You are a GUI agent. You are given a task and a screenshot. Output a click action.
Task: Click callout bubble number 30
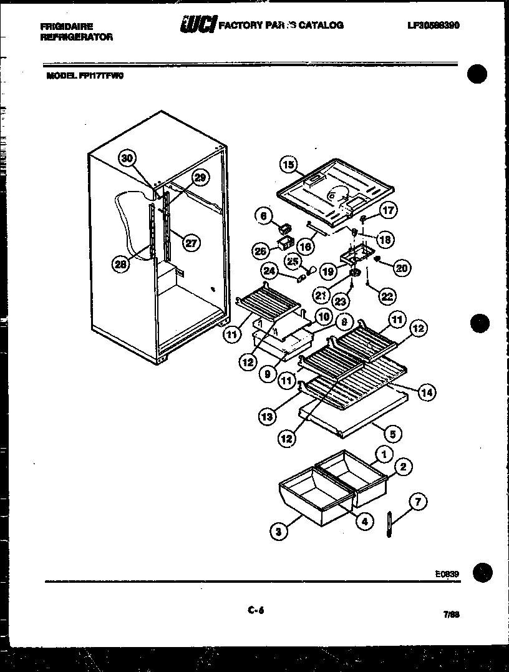(127, 158)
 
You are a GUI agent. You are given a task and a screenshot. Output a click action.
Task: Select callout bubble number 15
(288, 165)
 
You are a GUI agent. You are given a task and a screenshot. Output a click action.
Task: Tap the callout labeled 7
(418, 500)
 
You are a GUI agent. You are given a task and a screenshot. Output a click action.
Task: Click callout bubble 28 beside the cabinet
(120, 265)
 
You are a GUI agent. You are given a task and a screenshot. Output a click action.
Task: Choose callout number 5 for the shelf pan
(392, 433)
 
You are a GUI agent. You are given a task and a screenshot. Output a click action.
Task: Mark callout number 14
(427, 392)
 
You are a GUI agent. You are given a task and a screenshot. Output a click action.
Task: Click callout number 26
(260, 251)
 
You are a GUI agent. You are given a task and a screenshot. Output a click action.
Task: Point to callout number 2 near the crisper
(403, 467)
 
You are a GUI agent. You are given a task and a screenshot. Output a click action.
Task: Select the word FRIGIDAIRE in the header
(66, 27)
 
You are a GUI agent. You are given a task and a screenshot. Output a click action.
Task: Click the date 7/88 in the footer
(451, 615)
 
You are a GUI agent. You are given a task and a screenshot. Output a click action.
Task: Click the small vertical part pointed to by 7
(388, 523)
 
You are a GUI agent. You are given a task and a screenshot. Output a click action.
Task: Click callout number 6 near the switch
(264, 216)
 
